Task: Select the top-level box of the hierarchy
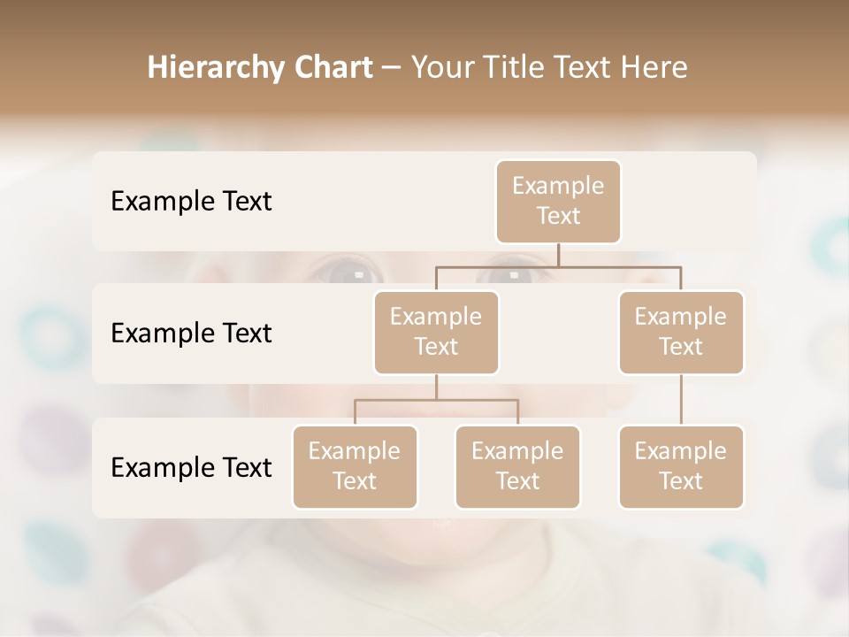pos(558,202)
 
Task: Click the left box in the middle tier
pos(436,332)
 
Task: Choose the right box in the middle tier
pos(681,332)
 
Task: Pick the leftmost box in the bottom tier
pos(355,466)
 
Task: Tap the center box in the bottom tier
pos(517,466)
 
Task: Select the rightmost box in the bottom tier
pos(681,466)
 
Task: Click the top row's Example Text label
pos(191,202)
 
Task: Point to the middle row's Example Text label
pos(191,334)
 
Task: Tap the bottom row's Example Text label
pos(191,467)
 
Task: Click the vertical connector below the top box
pos(558,255)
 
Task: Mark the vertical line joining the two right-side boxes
pos(681,400)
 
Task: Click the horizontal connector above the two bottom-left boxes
pos(436,400)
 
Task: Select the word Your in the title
pos(443,67)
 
